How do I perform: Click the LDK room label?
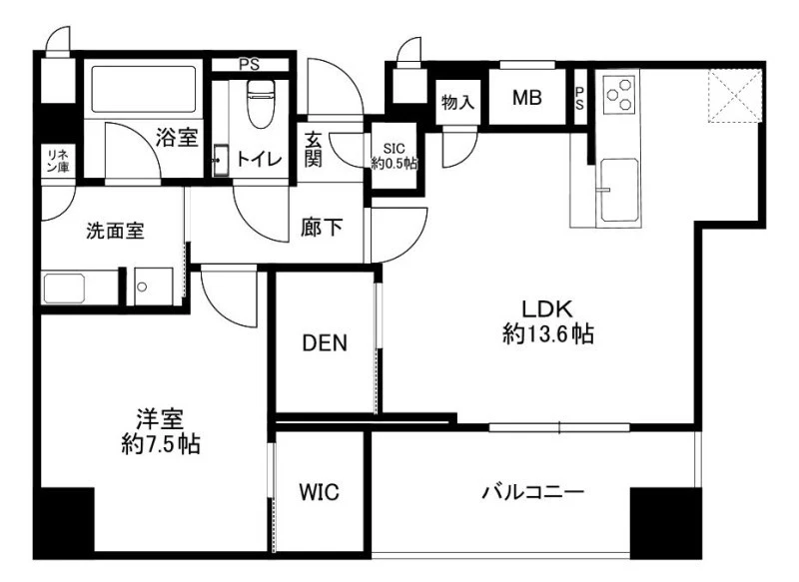547,321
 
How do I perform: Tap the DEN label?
325,343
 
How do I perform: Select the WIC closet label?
319,492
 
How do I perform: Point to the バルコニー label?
533,492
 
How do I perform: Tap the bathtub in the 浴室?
143,89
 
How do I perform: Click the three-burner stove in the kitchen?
619,95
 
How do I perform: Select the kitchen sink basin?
619,190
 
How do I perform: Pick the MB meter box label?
527,97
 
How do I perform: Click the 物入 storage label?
458,103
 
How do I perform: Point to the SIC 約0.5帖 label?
395,156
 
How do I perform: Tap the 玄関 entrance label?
314,149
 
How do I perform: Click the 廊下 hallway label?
322,227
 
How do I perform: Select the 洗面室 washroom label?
115,232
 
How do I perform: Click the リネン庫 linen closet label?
58,161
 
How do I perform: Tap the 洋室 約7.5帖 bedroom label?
161,431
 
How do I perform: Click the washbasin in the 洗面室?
64,289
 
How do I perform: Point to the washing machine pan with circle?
153,287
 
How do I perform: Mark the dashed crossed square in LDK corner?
734,96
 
